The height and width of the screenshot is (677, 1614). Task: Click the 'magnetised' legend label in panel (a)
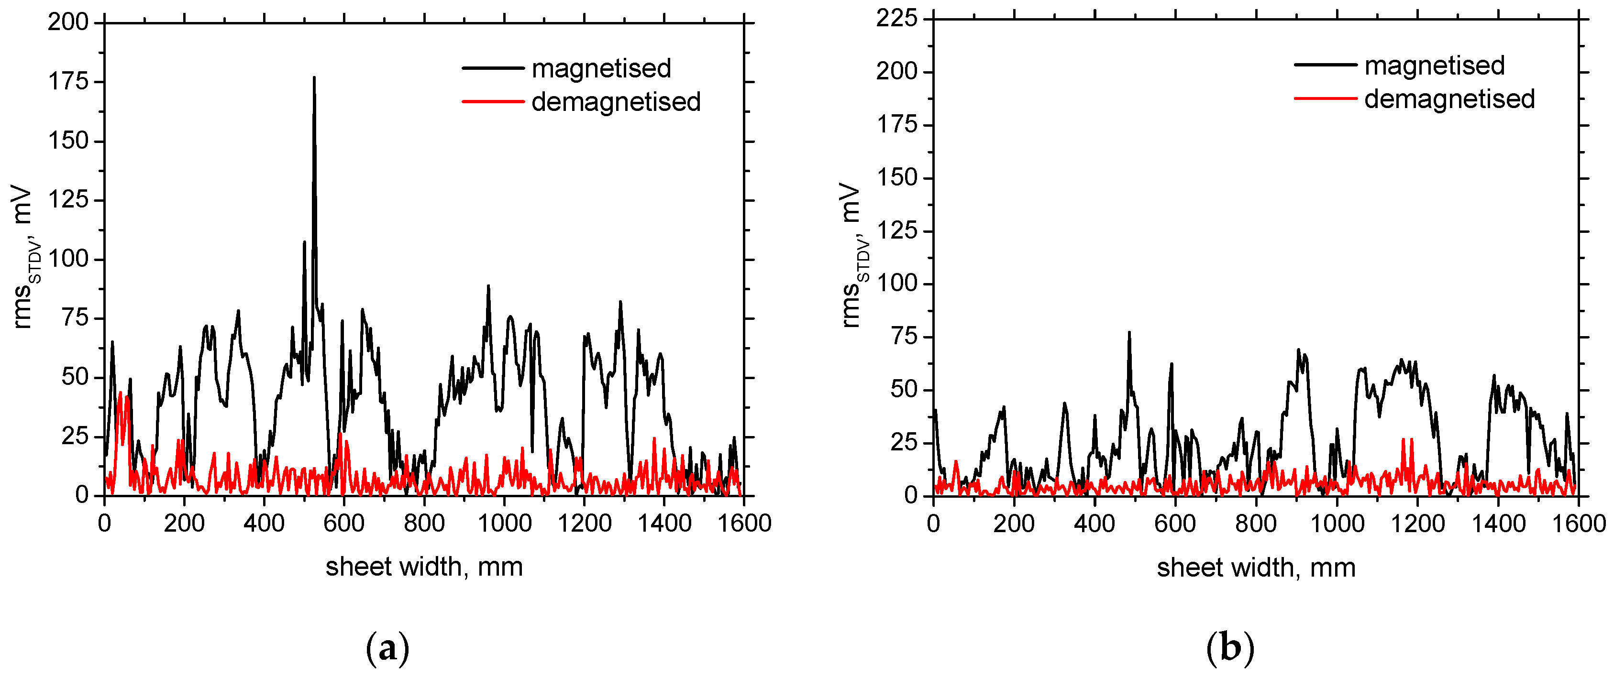[601, 68]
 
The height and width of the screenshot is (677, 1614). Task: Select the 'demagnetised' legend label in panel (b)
[1449, 99]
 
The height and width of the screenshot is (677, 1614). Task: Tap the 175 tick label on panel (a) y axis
[68, 82]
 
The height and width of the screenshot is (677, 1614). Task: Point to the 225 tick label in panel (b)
[896, 19]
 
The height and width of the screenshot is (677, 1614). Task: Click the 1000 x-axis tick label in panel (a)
[504, 523]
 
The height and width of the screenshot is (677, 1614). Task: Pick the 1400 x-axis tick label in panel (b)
[1498, 524]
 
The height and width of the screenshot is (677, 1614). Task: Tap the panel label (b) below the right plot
[1230, 649]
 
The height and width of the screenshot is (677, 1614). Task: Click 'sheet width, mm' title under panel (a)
[424, 567]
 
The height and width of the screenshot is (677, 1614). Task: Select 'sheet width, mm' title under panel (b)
[1256, 568]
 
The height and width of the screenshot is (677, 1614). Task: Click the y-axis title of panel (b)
[855, 255]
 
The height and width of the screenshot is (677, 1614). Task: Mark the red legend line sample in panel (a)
[493, 101]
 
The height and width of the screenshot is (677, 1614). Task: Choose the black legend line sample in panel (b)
[1325, 65]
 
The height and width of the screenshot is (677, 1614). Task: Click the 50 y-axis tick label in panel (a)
[75, 377]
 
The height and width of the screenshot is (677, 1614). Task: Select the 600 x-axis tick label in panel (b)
[1175, 524]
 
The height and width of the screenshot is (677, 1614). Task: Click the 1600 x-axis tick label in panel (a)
[744, 523]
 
